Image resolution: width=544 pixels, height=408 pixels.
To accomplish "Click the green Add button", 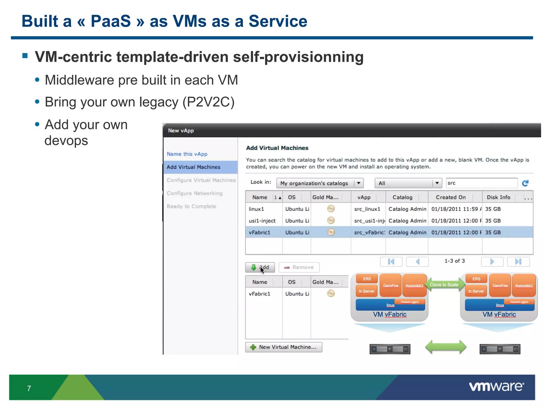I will pyautogui.click(x=260, y=267).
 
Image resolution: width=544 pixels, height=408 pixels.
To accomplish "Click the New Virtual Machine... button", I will pyautogui.click(x=283, y=347).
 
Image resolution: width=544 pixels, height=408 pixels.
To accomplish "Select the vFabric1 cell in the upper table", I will pyautogui.click(x=260, y=232).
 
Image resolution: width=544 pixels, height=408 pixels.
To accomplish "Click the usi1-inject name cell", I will pyautogui.click(x=262, y=221).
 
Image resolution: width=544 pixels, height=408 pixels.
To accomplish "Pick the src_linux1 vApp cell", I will pyautogui.click(x=367, y=209).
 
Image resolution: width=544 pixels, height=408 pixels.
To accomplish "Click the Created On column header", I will pyautogui.click(x=450, y=197).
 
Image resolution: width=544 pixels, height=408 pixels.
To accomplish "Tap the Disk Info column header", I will pyautogui.click(x=498, y=197).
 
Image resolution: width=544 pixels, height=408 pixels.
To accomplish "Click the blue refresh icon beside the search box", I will pyautogui.click(x=525, y=183).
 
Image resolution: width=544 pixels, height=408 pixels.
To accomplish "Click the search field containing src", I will pyautogui.click(x=481, y=183).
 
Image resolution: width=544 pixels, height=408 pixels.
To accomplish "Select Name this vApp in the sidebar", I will pyautogui.click(x=187, y=154).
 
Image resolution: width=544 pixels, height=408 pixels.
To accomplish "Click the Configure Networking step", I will pyautogui.click(x=194, y=193).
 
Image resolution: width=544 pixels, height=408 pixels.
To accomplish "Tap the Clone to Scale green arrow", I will pyautogui.click(x=444, y=285).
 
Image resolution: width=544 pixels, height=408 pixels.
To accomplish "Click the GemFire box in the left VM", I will pyautogui.click(x=390, y=286).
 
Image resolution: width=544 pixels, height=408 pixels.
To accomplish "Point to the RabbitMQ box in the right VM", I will pyautogui.click(x=524, y=286).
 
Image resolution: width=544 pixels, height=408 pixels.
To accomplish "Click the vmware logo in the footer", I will pyautogui.click(x=496, y=386).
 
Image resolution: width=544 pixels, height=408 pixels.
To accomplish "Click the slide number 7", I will pyautogui.click(x=29, y=388).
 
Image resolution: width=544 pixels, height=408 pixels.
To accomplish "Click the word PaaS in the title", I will pyautogui.click(x=111, y=21).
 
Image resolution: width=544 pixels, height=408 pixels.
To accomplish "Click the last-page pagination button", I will pyautogui.click(x=518, y=262).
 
